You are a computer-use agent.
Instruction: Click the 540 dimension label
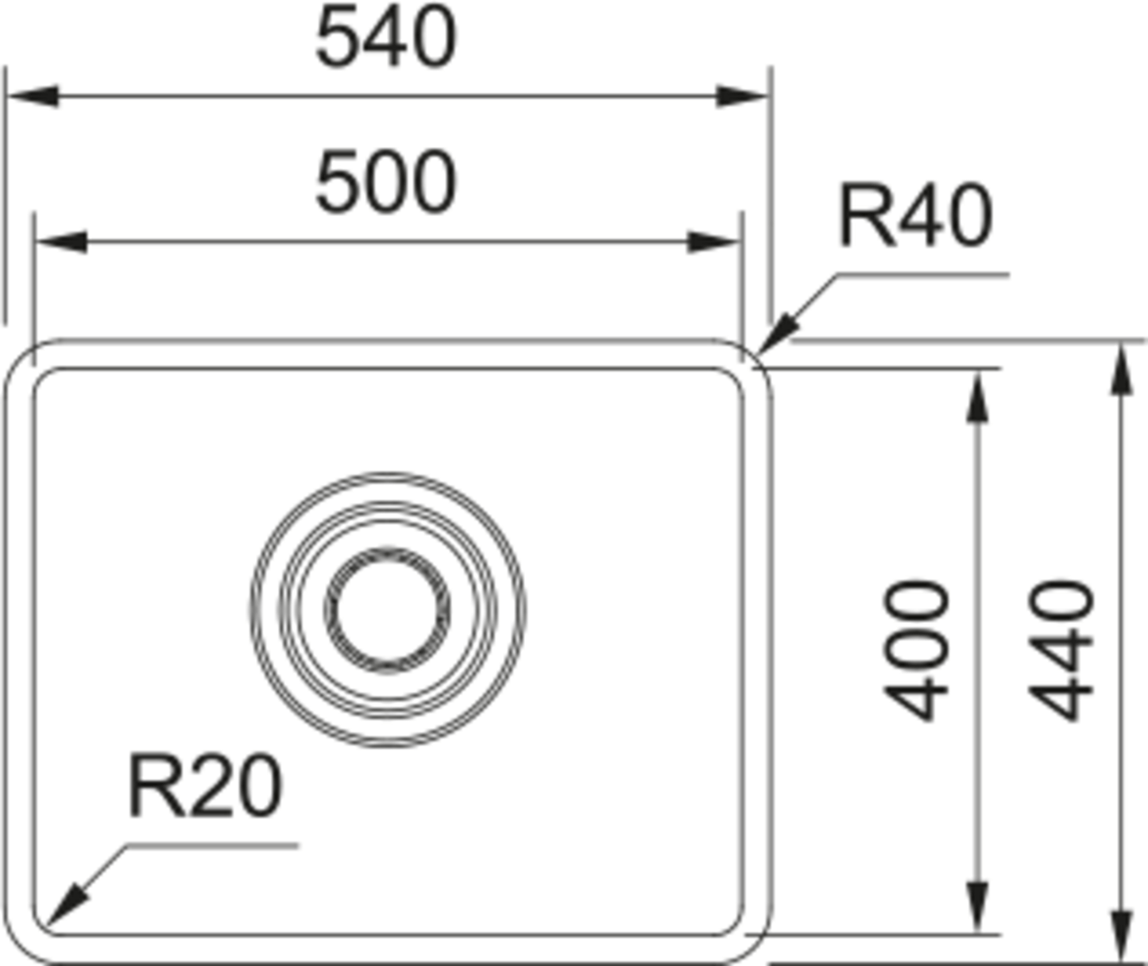coord(386,38)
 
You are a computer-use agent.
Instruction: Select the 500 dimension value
coord(386,184)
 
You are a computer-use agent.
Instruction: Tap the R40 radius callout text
coord(915,215)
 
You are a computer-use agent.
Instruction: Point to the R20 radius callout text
coord(205,787)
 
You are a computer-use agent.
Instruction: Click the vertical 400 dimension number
coord(918,651)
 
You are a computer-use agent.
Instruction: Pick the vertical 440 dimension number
coord(1062,651)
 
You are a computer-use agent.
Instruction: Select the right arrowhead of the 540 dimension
coord(744,97)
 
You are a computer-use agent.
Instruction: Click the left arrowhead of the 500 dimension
coord(60,241)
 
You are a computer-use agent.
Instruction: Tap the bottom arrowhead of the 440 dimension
coord(1120,937)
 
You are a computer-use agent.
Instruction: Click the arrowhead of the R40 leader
coord(779,332)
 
